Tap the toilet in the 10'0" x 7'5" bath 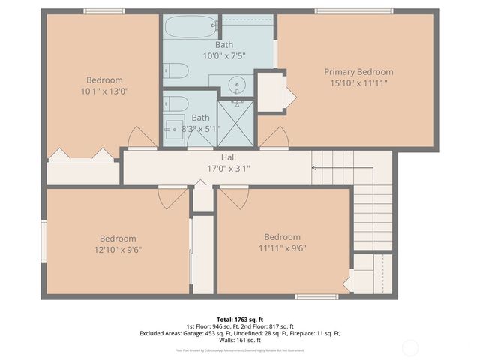(175, 71)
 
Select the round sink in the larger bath (238, 84)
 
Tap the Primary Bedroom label (358, 72)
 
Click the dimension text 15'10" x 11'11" (358, 83)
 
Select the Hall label (228, 157)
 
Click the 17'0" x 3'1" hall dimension (228, 169)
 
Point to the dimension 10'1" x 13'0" (104, 91)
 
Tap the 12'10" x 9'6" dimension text (118, 249)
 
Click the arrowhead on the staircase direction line (315, 168)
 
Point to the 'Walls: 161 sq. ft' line (239, 340)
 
